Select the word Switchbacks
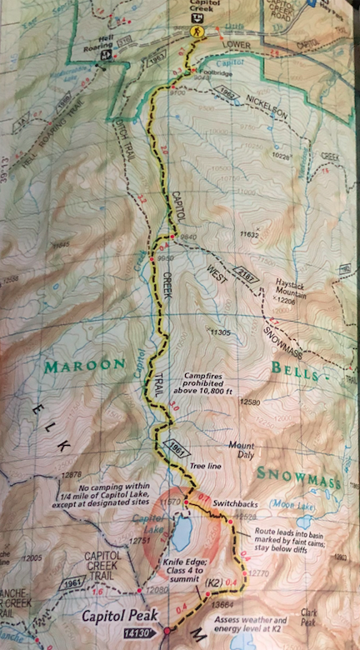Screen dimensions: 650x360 click(232, 505)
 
